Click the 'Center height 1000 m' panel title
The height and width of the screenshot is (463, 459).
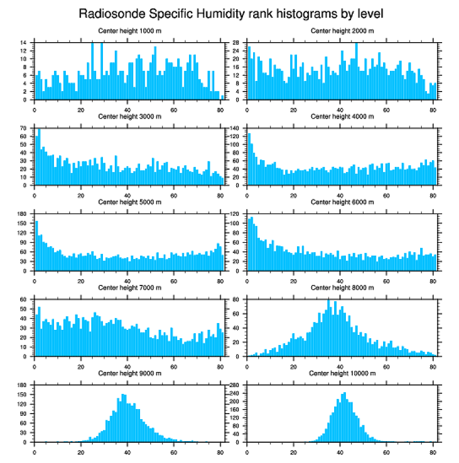[129, 31]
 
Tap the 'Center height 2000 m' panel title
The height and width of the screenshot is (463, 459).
[342, 31]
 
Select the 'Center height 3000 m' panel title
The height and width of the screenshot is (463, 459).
[129, 116]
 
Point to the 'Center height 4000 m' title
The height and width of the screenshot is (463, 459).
[342, 116]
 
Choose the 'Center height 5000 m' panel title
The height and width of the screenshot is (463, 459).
[129, 202]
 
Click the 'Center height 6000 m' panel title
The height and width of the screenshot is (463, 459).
[342, 202]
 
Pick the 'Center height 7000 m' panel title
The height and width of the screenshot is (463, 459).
[129, 288]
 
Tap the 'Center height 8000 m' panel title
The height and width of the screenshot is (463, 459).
[342, 288]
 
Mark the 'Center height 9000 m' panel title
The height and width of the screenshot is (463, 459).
[129, 373]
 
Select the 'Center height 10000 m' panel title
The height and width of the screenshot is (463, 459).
[342, 373]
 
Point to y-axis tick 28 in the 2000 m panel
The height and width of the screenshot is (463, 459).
[237, 43]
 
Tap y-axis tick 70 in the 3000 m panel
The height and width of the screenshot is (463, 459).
[24, 129]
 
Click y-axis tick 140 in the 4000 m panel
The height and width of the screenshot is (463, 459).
[236, 129]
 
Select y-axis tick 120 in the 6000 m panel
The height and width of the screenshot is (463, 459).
[236, 214]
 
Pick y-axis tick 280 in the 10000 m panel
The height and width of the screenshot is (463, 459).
[236, 385]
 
